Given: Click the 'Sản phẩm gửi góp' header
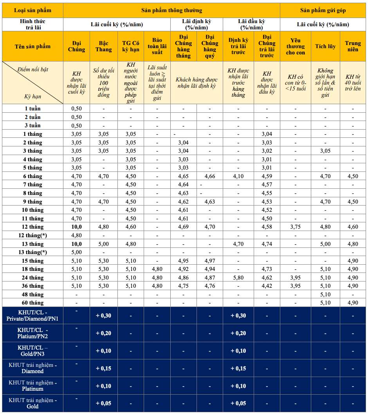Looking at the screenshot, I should (x=323, y=10).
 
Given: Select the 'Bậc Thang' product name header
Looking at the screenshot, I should (x=103, y=46).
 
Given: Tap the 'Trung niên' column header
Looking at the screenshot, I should (x=353, y=46).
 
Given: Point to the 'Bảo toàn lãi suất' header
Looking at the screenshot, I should (x=157, y=46).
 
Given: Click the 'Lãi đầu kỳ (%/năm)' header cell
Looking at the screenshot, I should (x=251, y=24).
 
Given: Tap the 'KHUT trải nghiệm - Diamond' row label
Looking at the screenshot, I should (x=32, y=368).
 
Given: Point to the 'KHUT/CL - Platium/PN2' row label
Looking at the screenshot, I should (x=32, y=333).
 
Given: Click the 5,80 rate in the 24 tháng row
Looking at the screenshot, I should (x=238, y=278).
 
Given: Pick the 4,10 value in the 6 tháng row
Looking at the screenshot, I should (x=238, y=176).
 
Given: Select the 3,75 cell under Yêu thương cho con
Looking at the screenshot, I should (x=296, y=227).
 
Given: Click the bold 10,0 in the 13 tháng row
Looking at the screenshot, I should (x=76, y=244).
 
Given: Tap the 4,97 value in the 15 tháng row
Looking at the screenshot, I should (x=210, y=261).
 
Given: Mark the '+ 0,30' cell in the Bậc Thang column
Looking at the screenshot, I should (x=103, y=316).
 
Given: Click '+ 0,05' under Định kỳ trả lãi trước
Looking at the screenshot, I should (x=238, y=404).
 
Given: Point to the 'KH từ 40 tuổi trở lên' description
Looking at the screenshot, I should (x=353, y=83).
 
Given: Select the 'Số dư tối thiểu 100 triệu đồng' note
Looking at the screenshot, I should (x=103, y=83).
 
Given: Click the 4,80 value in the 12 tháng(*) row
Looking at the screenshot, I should (x=76, y=235).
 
